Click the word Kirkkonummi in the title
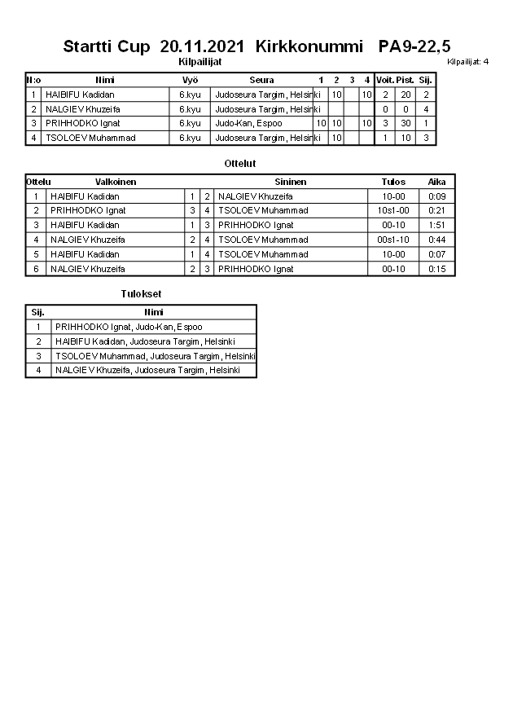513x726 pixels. click(309, 46)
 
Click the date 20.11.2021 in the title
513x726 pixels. click(204, 46)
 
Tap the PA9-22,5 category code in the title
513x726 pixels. click(414, 46)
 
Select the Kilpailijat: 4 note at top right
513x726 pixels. click(467, 61)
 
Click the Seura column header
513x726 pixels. click(261, 80)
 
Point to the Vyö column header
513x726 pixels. click(190, 80)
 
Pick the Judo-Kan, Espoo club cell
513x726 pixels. click(248, 124)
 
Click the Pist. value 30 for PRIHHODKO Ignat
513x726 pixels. click(406, 124)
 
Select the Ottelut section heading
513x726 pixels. click(240, 164)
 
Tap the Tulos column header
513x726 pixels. click(393, 182)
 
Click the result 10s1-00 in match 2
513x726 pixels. click(393, 210)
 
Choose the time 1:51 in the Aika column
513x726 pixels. click(437, 225)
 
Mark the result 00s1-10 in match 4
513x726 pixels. click(393, 240)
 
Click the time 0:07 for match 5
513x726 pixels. click(437, 254)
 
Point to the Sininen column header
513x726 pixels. click(291, 182)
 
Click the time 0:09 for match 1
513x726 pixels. click(437, 196)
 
